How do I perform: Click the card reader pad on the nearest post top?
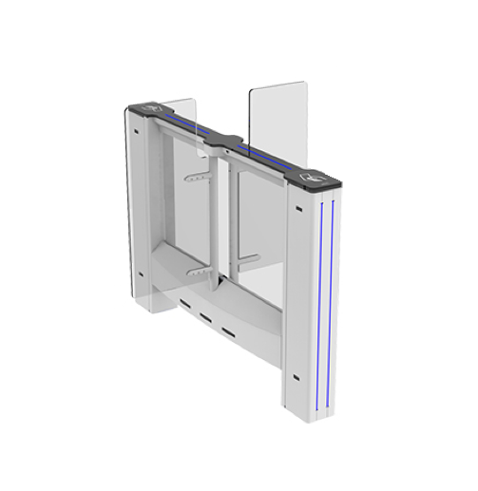coord(311,177)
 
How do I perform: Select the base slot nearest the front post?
coord(229,332)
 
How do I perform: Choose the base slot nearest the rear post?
coord(182,303)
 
